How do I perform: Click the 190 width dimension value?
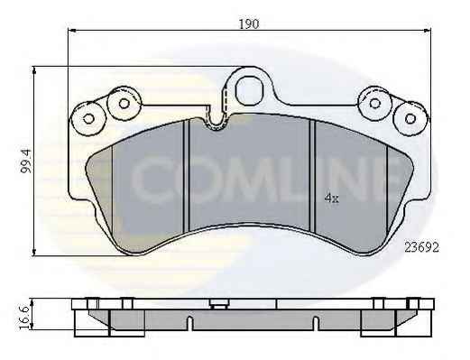(x=249, y=23)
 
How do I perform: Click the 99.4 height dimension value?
(x=26, y=161)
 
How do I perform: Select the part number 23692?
(x=421, y=247)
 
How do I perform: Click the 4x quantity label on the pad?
(x=332, y=198)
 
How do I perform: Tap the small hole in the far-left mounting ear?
(x=88, y=118)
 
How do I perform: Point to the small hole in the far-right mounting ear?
(x=410, y=118)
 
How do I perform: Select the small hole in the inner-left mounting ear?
(x=124, y=104)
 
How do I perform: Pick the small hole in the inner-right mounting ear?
(x=374, y=104)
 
